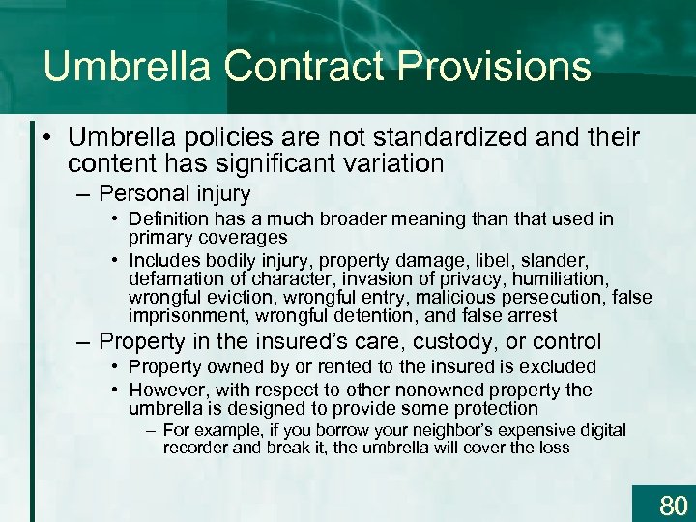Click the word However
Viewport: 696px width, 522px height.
(164, 391)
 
